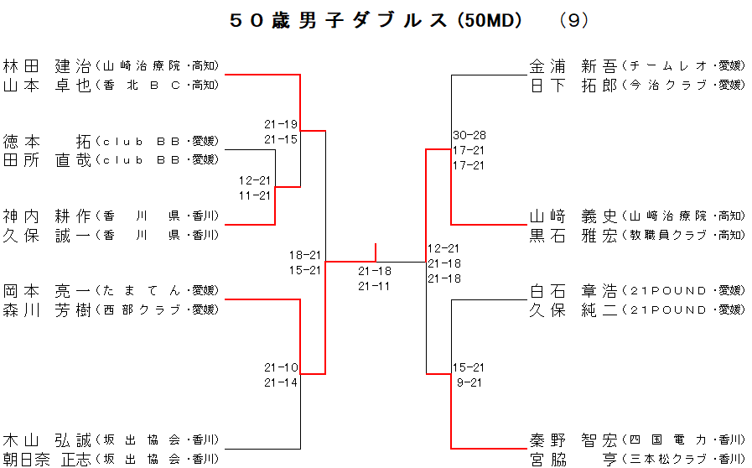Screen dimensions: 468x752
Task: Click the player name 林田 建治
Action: point(47,65)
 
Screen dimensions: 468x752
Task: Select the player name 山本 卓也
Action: point(47,85)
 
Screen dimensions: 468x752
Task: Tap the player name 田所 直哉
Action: point(47,159)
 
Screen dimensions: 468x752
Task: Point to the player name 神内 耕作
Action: point(47,216)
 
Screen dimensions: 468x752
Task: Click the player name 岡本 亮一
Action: point(47,291)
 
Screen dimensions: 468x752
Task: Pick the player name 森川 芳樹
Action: point(47,309)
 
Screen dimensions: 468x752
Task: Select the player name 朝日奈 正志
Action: point(47,459)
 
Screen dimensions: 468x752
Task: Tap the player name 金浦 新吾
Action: point(573,65)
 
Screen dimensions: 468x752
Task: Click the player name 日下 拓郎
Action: point(573,85)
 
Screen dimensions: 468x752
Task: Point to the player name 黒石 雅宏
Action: point(573,235)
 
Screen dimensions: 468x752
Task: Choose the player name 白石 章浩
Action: point(573,291)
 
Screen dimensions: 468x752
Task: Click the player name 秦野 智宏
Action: point(573,439)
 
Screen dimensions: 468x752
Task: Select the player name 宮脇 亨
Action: point(573,459)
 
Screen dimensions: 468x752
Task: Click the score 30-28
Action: point(469,135)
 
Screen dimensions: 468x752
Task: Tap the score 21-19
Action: point(281,124)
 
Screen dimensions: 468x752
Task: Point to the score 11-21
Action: point(255,195)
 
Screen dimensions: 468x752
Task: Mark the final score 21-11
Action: point(374,286)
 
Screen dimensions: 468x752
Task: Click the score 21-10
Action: point(281,367)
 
